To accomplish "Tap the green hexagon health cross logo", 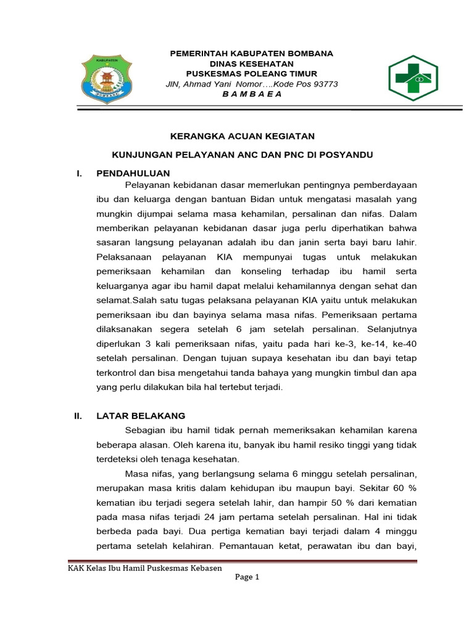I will click(412, 77).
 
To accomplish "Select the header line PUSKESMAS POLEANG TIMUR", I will click(251, 74).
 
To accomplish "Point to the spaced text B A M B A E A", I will click(251, 94).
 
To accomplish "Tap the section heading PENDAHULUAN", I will click(133, 173).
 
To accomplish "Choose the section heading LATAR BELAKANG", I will click(141, 416).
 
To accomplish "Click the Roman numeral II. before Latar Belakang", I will click(78, 416).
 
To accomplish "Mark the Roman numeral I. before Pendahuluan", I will click(79, 173).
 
